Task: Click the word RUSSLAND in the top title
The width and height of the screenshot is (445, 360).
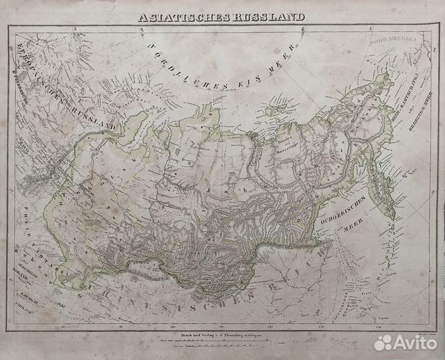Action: tap(261, 16)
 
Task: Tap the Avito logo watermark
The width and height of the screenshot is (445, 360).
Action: tap(405, 343)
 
